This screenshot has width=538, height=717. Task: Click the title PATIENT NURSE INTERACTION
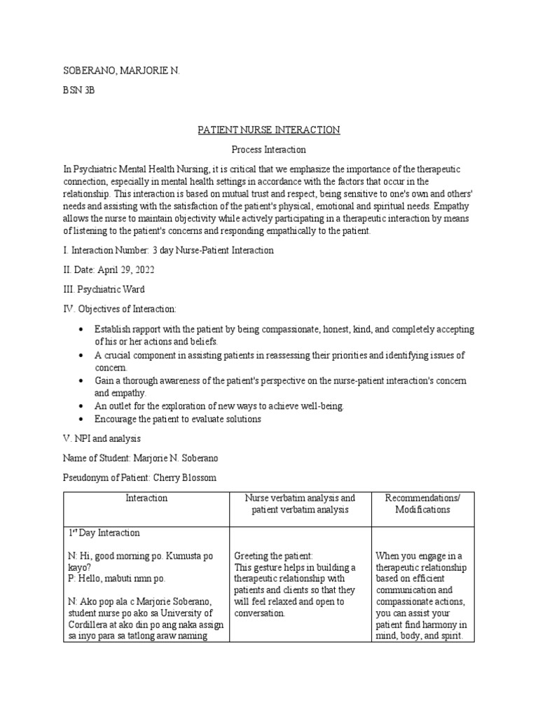[268, 130]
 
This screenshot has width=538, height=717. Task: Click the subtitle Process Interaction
[268, 150]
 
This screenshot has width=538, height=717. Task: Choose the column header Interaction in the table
[146, 498]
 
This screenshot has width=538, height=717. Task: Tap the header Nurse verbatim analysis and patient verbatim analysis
[299, 503]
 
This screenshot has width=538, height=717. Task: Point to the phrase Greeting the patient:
[273, 556]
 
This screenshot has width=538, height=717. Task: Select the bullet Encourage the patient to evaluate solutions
[178, 419]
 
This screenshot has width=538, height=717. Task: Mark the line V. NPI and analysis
[102, 438]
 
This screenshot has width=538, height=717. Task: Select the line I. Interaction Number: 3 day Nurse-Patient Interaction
[169, 250]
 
